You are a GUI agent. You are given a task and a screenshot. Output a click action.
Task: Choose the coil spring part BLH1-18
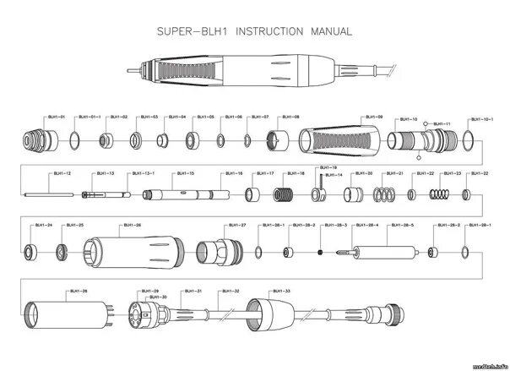pyautogui.click(x=284, y=196)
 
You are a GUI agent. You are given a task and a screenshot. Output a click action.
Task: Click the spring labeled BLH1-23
pyautogui.click(x=440, y=195)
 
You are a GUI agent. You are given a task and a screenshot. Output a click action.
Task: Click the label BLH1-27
pyautogui.click(x=237, y=226)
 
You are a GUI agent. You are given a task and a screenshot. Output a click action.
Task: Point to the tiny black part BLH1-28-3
pyautogui.click(x=321, y=252)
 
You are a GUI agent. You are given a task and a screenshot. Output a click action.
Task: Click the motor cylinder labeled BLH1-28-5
pyautogui.click(x=384, y=253)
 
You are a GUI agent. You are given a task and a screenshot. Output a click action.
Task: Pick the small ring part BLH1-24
pyautogui.click(x=31, y=251)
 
